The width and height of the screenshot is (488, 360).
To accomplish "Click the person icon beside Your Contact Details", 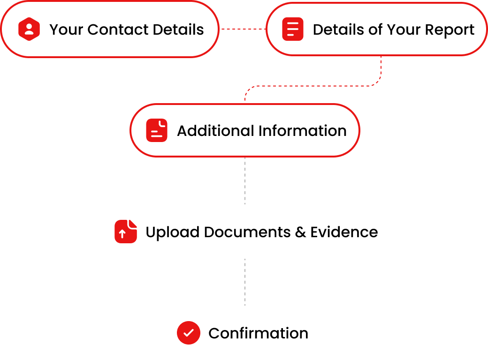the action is [29, 29].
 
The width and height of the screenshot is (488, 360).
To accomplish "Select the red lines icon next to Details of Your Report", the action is [292, 29].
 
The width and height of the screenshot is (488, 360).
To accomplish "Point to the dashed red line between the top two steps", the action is [243, 29].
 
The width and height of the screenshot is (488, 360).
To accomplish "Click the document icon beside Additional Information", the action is [157, 130].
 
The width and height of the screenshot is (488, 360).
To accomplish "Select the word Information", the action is [303, 131].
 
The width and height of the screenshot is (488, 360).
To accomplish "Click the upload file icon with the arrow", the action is [126, 232].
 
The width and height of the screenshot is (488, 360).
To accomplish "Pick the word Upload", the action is [172, 232].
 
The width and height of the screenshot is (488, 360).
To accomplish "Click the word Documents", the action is [247, 232].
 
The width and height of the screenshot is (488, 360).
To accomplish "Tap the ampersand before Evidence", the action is [300, 232].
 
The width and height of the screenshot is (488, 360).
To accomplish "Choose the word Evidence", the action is [344, 232].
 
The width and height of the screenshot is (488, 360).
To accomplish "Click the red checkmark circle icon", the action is [189, 333].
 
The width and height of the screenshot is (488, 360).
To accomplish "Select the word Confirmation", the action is [259, 333].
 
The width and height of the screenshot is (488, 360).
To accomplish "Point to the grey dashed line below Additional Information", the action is [245, 180].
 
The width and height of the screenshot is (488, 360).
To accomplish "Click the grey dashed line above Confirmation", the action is [245, 282].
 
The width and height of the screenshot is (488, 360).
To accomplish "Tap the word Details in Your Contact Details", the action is [178, 30].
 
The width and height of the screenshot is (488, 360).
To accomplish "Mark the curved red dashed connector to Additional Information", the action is [313, 86].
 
